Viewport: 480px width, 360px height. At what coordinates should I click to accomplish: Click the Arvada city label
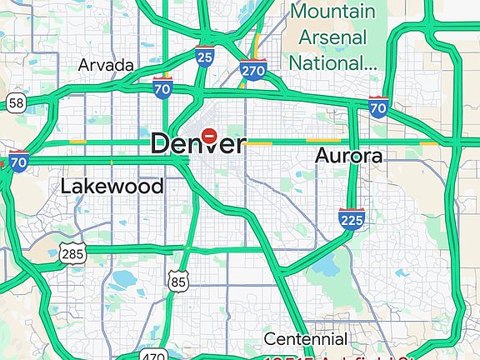[x=106, y=64]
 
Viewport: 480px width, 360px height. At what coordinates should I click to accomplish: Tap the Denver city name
[x=198, y=143]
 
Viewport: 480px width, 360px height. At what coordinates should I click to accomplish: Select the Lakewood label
[x=112, y=186]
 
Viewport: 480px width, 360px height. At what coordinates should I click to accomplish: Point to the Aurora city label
[x=348, y=156]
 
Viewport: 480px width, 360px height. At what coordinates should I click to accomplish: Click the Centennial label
[x=306, y=339]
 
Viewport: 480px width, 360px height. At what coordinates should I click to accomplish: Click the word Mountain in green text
[x=332, y=12]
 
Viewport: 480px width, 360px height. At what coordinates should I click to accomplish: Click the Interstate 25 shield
[x=205, y=57]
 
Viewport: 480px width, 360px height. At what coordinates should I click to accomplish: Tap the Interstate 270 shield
[x=253, y=70]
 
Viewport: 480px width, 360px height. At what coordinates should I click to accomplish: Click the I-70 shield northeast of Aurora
[x=378, y=107]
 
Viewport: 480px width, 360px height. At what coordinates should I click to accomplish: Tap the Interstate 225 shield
[x=352, y=219]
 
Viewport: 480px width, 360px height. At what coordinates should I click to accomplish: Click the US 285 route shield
[x=72, y=252]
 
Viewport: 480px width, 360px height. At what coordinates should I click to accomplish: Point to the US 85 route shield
[x=177, y=281]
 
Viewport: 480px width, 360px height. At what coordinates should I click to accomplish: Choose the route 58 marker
[x=14, y=102]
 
